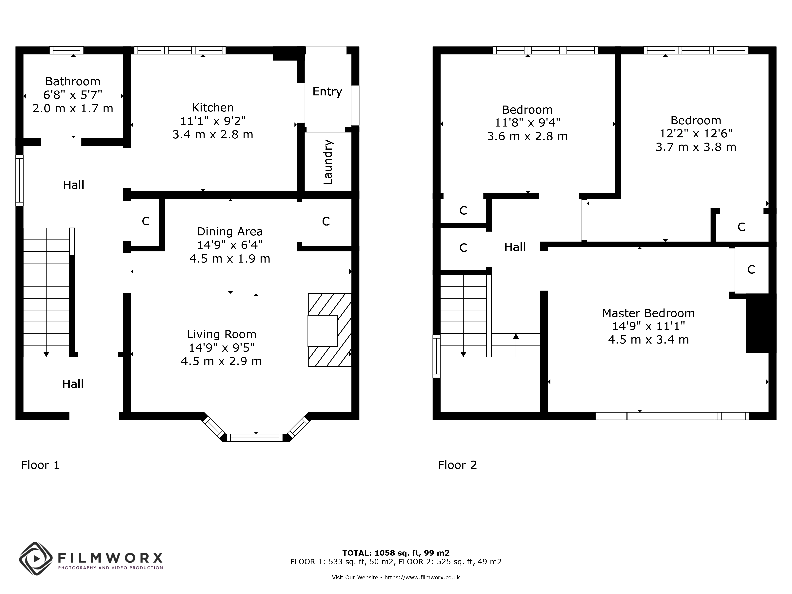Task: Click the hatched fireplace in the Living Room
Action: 329,330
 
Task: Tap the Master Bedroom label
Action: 648,313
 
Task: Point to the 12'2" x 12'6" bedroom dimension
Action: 696,134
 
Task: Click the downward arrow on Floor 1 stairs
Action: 46,354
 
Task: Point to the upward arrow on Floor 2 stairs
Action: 516,337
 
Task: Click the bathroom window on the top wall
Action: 67,50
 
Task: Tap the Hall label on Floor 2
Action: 515,247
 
